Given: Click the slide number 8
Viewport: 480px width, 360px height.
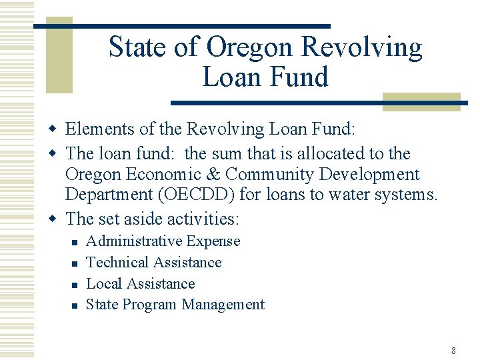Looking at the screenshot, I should (x=453, y=351).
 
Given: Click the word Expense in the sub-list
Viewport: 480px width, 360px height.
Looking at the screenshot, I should (x=213, y=241).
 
